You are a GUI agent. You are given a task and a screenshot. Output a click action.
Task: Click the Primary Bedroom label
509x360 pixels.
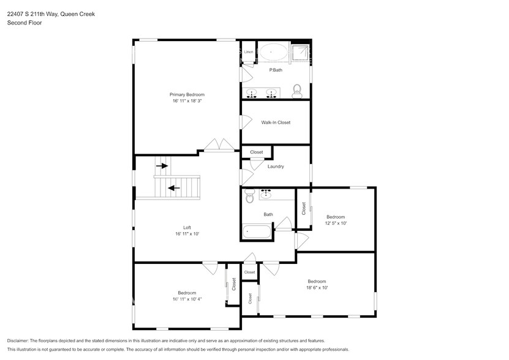click(187, 94)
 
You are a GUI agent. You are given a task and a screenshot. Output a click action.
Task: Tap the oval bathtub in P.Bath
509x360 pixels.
click(273, 53)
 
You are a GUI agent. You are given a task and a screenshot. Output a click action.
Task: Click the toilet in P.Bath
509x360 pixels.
click(297, 91)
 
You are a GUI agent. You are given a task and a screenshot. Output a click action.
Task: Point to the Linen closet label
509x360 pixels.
click(248, 52)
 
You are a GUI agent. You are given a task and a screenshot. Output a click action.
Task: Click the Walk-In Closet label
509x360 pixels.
click(276, 122)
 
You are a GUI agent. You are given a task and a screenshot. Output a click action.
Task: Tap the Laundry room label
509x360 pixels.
click(276, 167)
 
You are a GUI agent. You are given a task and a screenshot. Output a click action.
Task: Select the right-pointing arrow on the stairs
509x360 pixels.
click(162, 165)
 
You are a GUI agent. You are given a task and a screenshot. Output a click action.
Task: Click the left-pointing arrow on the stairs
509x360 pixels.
click(174, 188)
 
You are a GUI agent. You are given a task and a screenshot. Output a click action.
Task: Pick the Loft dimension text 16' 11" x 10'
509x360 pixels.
click(187, 234)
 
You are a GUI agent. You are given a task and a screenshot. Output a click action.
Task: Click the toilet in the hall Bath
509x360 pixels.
click(249, 196)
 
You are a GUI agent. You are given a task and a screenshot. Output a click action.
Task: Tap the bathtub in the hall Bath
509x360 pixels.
click(257, 232)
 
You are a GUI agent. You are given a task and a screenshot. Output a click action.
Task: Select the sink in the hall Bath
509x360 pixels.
click(268, 195)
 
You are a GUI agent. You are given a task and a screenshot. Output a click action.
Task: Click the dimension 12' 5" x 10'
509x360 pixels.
click(336, 223)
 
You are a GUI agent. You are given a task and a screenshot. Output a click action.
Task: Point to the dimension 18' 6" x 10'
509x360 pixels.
click(317, 287)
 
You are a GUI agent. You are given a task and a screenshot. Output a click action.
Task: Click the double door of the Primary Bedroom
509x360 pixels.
click(219, 145)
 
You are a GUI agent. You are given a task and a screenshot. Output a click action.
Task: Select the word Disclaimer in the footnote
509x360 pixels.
click(19, 340)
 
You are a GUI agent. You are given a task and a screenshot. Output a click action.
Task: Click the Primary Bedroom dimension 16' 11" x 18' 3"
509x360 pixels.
click(187, 101)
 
